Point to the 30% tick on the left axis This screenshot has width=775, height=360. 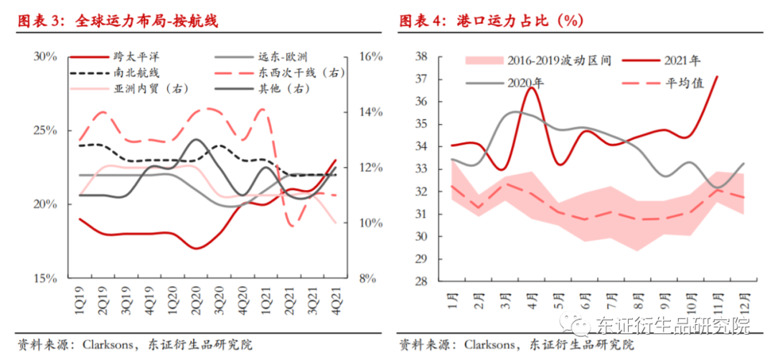pyautogui.click(x=45, y=56)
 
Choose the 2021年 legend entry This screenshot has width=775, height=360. pyautogui.click(x=682, y=61)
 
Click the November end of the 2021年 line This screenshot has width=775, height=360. pyautogui.click(x=717, y=76)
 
